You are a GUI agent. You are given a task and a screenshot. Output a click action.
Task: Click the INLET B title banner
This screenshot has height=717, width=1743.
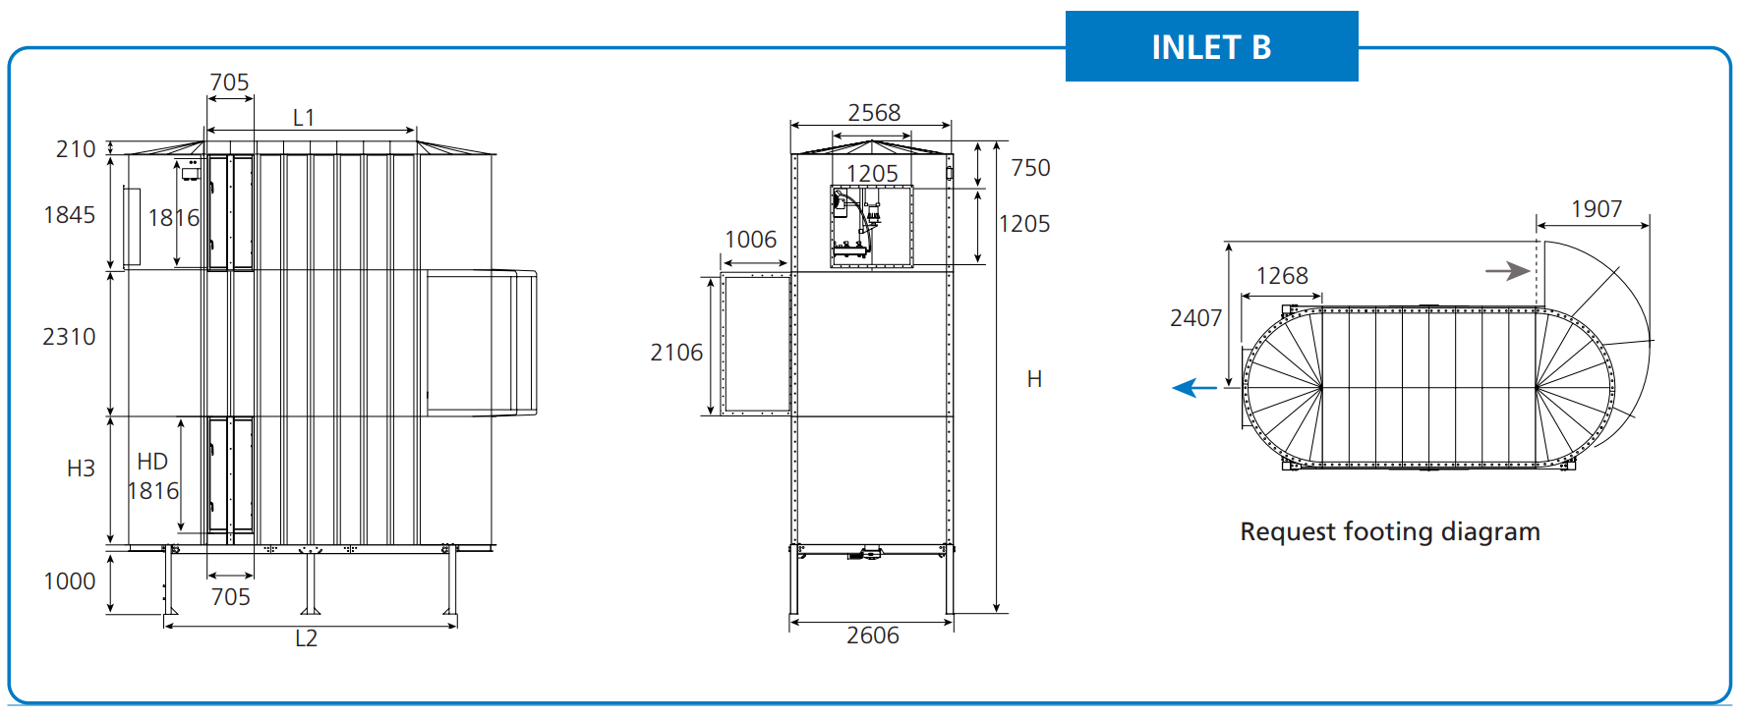pyautogui.click(x=1211, y=46)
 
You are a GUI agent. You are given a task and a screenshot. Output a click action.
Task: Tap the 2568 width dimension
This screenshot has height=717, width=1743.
pyautogui.click(x=874, y=112)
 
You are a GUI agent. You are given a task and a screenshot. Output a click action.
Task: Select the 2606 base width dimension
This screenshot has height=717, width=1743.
pyautogui.click(x=872, y=635)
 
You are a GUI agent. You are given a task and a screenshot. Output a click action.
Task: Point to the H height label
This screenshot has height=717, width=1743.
pyautogui.click(x=1034, y=379)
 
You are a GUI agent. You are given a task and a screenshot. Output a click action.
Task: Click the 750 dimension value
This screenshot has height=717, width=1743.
pyautogui.click(x=1030, y=168)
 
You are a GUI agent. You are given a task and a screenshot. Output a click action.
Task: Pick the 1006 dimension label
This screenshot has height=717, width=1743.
pyautogui.click(x=750, y=240)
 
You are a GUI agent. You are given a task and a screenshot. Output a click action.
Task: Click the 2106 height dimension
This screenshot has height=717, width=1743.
pyautogui.click(x=676, y=353)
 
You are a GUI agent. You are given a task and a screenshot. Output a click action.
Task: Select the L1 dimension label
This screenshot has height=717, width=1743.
pyautogui.click(x=304, y=118)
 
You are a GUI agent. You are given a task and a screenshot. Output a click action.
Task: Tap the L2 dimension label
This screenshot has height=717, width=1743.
pyautogui.click(x=306, y=638)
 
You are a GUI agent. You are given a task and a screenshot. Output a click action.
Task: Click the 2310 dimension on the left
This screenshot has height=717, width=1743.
pyautogui.click(x=69, y=337)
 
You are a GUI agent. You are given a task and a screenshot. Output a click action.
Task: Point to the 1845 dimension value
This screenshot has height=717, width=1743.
pyautogui.click(x=69, y=215)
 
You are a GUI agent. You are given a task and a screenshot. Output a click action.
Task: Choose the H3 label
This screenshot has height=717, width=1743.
pyautogui.click(x=81, y=469)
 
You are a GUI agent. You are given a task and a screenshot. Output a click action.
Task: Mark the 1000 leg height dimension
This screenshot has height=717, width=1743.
pyautogui.click(x=69, y=581)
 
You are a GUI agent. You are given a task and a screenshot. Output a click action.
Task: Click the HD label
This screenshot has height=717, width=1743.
pyautogui.click(x=152, y=462)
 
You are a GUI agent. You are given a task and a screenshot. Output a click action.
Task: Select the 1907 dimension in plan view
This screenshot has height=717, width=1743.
pyautogui.click(x=1596, y=209)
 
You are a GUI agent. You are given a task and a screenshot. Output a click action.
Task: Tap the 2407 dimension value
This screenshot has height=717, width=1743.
pyautogui.click(x=1195, y=318)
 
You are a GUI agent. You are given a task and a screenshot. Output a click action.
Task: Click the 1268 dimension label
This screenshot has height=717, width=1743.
pyautogui.click(x=1282, y=276)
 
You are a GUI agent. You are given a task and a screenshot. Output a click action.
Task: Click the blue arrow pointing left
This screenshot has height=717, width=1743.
pyautogui.click(x=1193, y=388)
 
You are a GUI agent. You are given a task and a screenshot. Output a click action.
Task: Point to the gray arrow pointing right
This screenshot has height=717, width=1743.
pyautogui.click(x=1507, y=270)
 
